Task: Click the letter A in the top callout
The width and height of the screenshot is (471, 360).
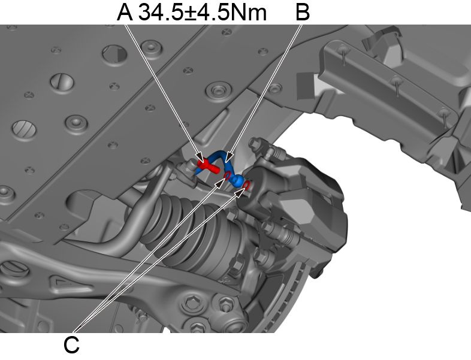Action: (125, 12)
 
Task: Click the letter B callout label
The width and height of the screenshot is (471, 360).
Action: (303, 12)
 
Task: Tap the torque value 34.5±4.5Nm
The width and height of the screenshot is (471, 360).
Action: (202, 12)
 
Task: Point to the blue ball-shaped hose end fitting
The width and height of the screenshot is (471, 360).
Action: (238, 180)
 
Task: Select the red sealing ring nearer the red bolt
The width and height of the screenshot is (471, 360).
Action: (228, 175)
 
